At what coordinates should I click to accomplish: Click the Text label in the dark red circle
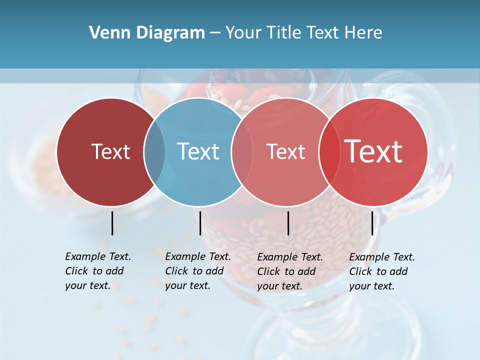110,151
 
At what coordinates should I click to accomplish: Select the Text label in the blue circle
198,151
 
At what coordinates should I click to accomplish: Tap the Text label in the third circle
286,151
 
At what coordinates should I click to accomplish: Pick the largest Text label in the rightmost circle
373,151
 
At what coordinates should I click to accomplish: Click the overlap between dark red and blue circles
154,152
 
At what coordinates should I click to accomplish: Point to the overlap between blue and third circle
242,152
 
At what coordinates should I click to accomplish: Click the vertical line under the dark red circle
112,223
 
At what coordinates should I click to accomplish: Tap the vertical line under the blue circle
200,223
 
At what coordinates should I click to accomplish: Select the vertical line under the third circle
288,223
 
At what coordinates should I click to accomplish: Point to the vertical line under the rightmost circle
372,223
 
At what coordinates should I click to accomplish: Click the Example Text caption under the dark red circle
98,271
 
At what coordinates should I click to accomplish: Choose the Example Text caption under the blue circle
198,271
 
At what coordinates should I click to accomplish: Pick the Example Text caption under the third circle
290,271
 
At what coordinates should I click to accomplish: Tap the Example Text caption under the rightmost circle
382,271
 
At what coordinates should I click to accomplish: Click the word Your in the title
243,33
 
